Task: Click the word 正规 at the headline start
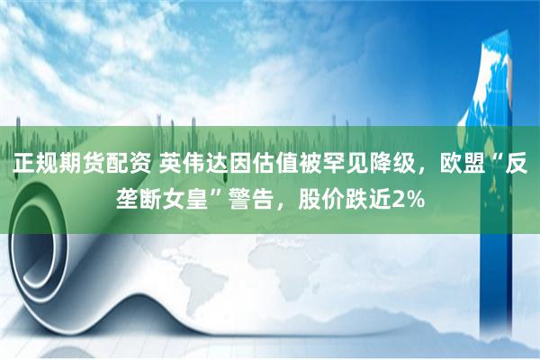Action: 33,166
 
